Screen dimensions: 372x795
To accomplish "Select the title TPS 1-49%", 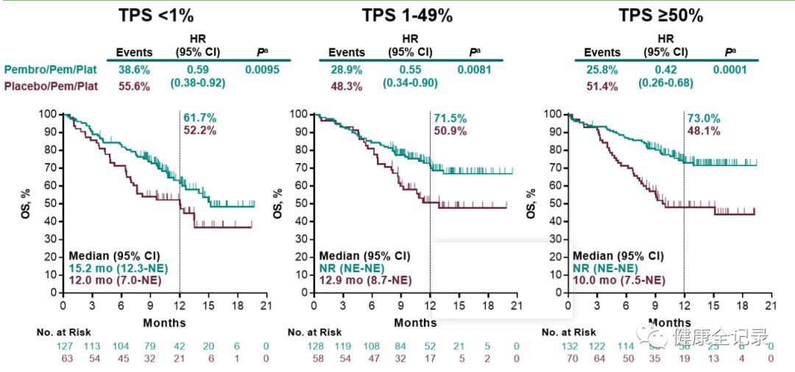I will [406, 15].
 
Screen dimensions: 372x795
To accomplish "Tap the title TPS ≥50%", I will [662, 15].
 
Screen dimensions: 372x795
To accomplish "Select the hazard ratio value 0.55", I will [410, 71].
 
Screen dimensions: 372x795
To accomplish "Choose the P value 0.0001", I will [729, 71].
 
